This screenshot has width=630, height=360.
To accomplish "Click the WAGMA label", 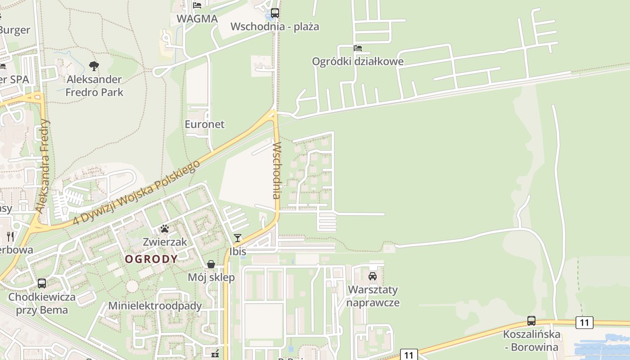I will coord(197,19).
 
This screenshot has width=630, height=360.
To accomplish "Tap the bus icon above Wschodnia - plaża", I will coord(274,13).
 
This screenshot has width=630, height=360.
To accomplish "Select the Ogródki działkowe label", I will coord(358,61).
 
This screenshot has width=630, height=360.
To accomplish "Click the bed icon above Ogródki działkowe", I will coord(358,48).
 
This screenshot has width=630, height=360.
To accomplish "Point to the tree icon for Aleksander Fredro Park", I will coord(94,67).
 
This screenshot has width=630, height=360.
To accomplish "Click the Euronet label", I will coord(204,124).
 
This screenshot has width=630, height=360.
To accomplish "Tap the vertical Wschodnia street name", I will coord(276,171).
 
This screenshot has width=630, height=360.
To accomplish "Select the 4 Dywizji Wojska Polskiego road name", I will coord(136,193).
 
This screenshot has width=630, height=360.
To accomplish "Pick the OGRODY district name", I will coord(151,259).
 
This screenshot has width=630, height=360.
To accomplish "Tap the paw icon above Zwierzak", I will coord(165,229).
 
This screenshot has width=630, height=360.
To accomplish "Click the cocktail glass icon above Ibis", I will coord(238,238).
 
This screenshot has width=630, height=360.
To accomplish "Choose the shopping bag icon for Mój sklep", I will coord(211,264).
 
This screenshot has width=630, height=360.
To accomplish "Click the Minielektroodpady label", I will coord(155,306).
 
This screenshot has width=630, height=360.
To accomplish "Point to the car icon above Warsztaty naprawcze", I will coord(373,276).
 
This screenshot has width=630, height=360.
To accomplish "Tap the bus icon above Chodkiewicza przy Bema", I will coord(42,283).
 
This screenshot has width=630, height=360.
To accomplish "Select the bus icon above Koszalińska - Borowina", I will coord(531,321).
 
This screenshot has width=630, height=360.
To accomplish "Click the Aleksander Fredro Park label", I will coord(94,86).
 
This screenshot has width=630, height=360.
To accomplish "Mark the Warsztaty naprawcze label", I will coord(373,296).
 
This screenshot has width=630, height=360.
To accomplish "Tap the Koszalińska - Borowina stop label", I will coord(531,341).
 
